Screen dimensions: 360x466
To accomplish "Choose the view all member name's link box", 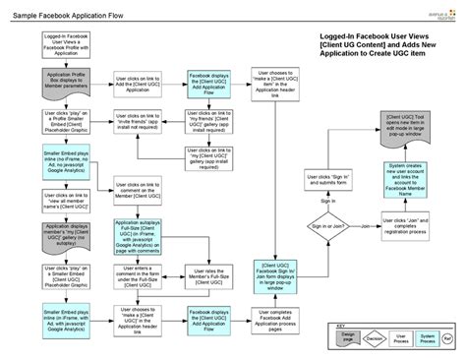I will pyautogui.click(x=62, y=198).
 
